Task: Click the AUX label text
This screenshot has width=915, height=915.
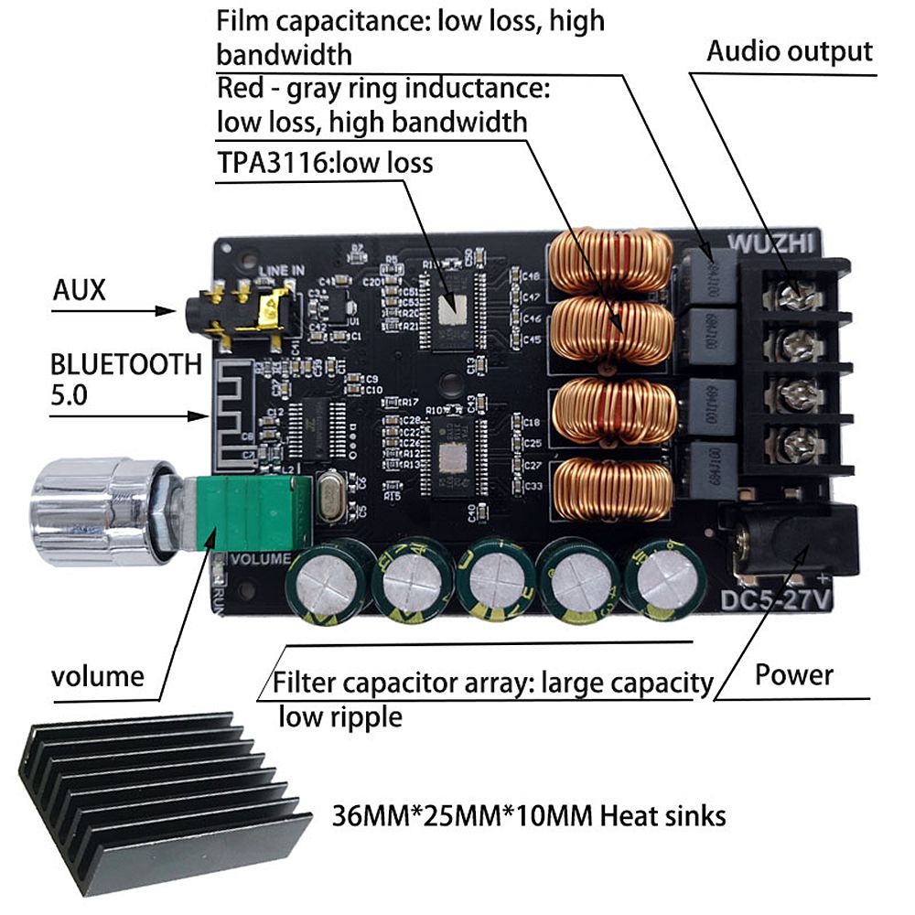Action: pyautogui.click(x=79, y=291)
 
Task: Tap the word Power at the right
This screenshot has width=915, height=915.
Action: pyautogui.click(x=793, y=675)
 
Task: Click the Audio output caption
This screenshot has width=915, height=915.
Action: pyautogui.click(x=789, y=51)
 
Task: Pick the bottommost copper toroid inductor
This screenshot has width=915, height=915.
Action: pyautogui.click(x=611, y=488)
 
